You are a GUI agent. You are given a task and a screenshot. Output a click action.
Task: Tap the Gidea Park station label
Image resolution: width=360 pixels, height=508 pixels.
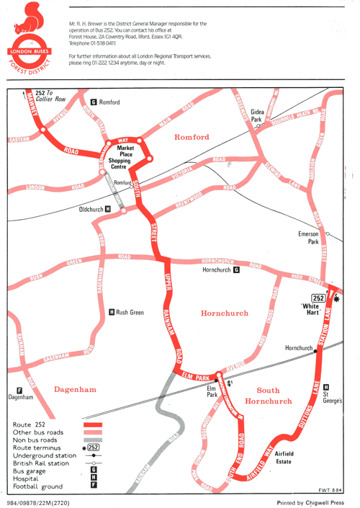256,115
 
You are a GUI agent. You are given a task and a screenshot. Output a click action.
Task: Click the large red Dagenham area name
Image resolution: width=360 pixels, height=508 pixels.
75,389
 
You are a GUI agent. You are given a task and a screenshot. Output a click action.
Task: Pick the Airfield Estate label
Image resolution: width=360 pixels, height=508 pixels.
289,458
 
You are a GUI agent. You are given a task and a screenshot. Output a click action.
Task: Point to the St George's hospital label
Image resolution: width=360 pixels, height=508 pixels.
336,395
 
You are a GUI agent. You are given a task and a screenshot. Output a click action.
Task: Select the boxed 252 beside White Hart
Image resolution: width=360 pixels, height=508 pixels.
317,298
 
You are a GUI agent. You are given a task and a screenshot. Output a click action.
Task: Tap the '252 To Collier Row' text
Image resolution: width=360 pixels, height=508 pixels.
50,96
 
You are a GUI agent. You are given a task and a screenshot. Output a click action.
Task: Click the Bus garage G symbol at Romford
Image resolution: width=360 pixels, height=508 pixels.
94,102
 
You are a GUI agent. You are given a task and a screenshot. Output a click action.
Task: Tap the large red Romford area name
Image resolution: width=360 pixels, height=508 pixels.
192,137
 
